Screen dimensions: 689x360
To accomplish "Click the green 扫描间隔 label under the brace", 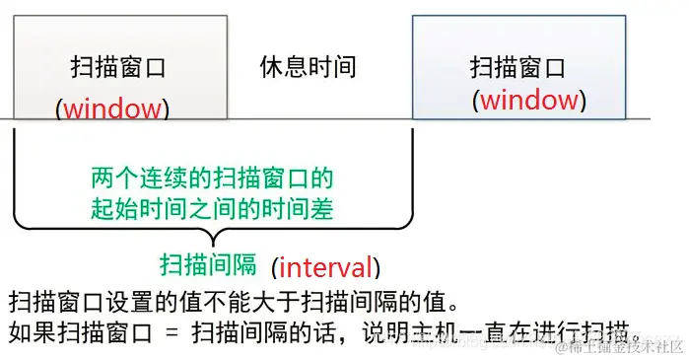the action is click(209, 264).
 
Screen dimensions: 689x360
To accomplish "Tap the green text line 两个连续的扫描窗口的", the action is click(211, 180).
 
